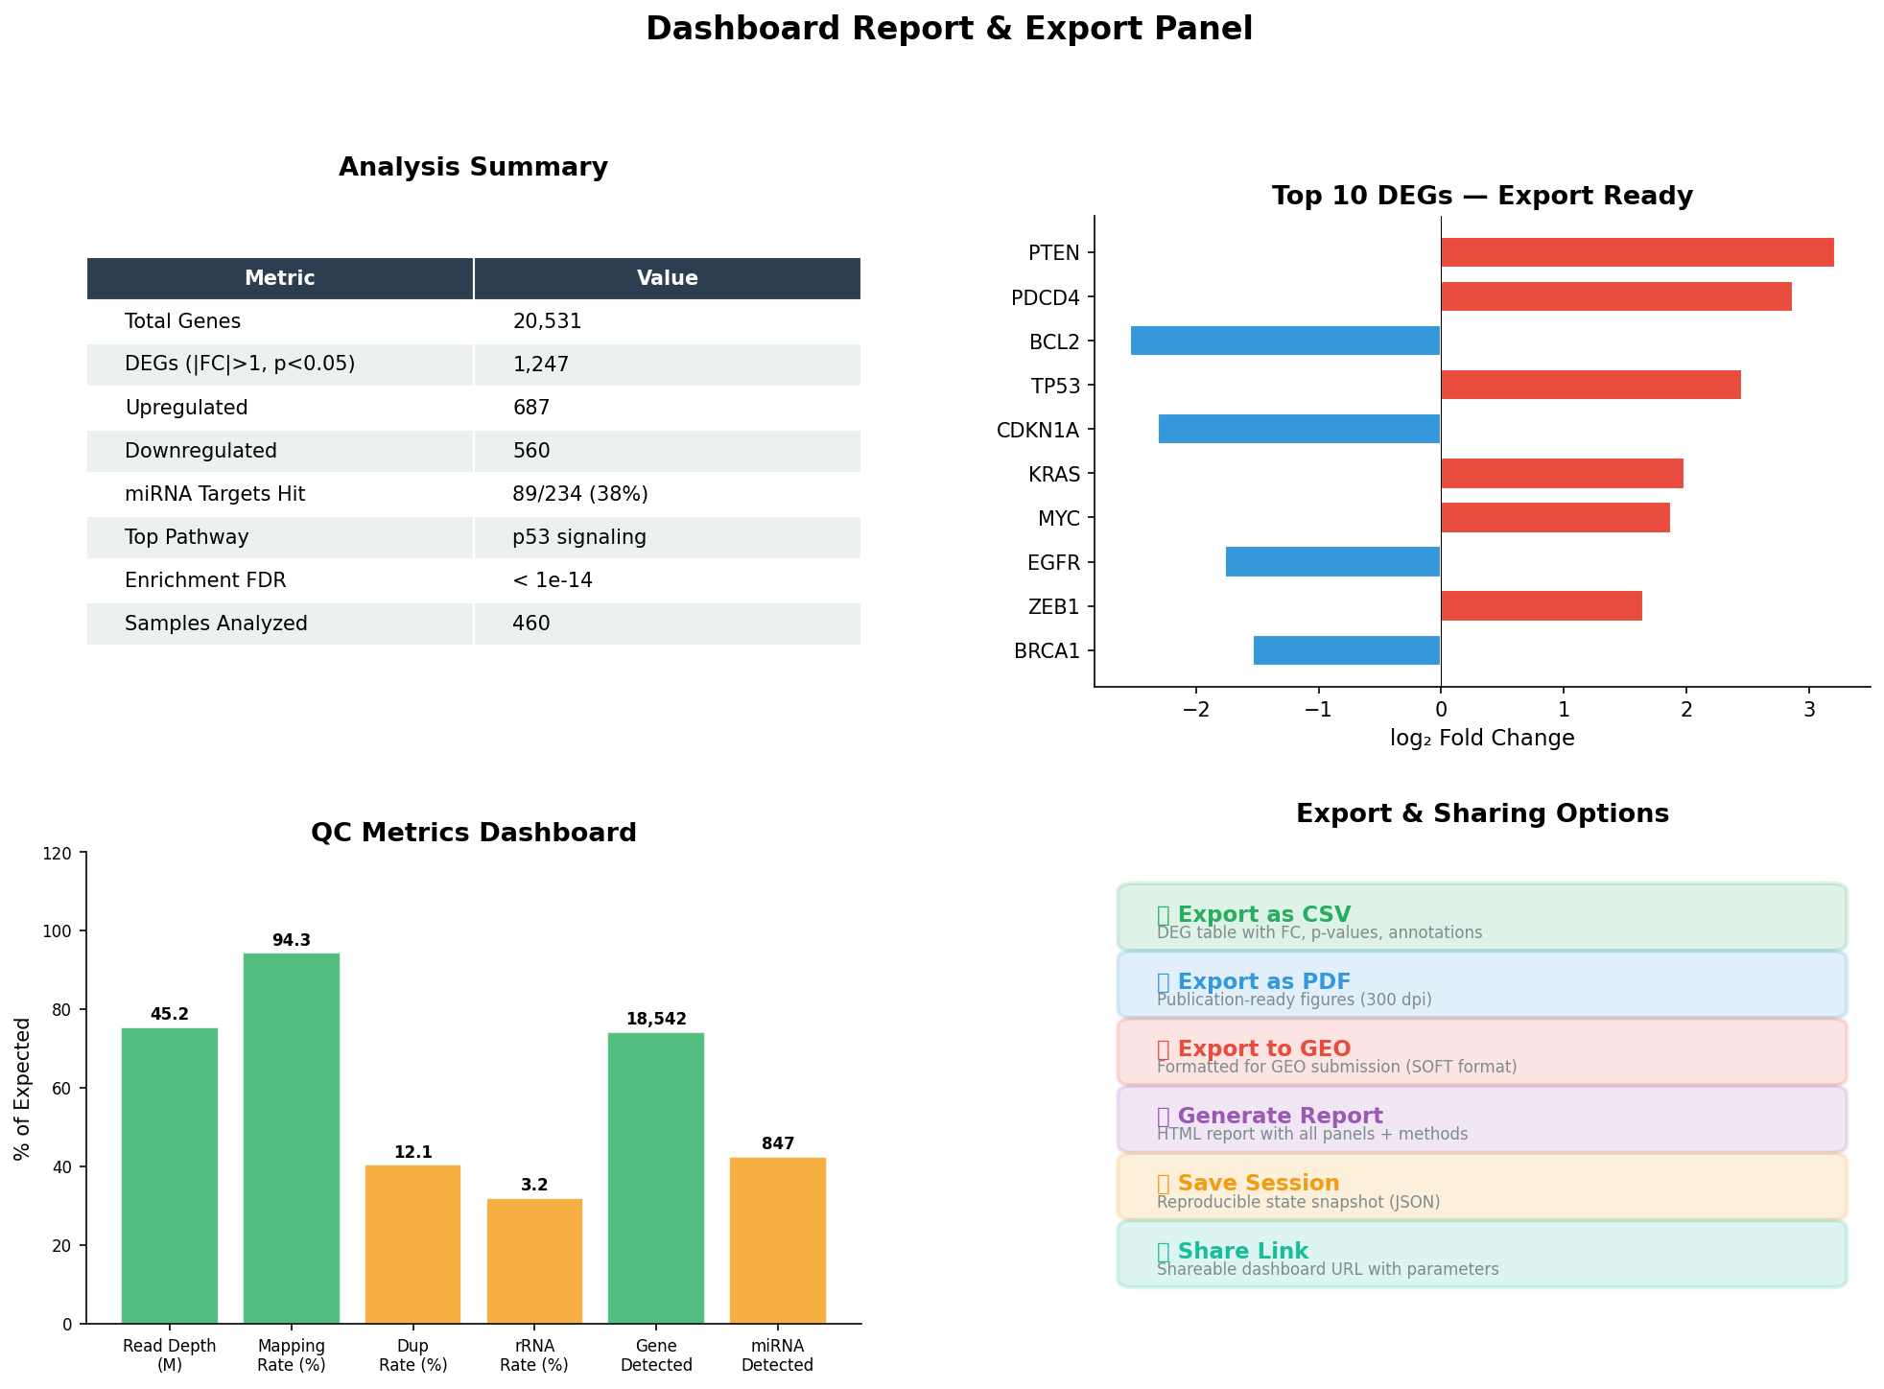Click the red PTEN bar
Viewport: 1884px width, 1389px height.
click(x=1637, y=252)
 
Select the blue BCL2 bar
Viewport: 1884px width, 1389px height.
click(x=1284, y=341)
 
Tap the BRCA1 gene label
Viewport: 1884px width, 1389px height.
click(x=1047, y=651)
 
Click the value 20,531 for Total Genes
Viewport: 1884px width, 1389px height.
click(x=547, y=321)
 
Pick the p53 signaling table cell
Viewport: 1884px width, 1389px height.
click(x=579, y=537)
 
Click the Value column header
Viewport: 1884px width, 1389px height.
click(x=667, y=278)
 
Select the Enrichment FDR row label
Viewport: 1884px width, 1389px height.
click(x=205, y=580)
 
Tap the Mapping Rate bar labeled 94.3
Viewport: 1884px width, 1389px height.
click(x=292, y=1137)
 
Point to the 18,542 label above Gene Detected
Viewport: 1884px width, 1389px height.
click(x=656, y=1019)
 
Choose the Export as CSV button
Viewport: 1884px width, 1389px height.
click(x=1481, y=917)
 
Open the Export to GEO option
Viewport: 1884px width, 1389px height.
click(x=1481, y=1052)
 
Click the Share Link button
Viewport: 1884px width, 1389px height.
click(x=1481, y=1254)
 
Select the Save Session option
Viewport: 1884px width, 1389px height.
click(x=1481, y=1187)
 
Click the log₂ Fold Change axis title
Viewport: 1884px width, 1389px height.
click(x=1481, y=738)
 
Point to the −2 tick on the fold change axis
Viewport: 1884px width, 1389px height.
click(x=1196, y=709)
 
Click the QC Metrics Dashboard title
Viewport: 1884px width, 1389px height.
click(x=473, y=833)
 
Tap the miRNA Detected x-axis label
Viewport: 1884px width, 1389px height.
click(x=777, y=1354)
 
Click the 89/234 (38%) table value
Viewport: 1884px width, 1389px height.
click(x=580, y=494)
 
